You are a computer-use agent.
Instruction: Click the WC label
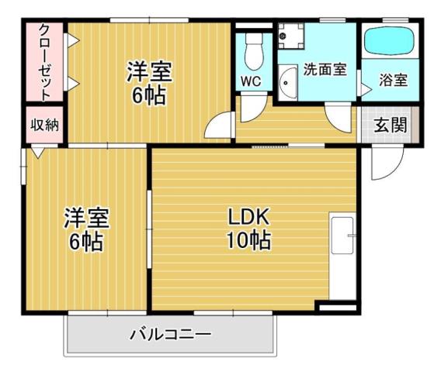pos(251,81)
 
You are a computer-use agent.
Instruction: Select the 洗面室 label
pos(325,70)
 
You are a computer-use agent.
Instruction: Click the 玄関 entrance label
pos(391,126)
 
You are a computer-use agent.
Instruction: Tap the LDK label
pos(248,216)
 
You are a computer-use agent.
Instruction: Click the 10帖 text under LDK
pos(248,241)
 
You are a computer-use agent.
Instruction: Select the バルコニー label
pos(170,336)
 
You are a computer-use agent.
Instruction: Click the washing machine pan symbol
pos(291,34)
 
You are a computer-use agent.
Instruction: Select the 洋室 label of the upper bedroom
pos(150,72)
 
